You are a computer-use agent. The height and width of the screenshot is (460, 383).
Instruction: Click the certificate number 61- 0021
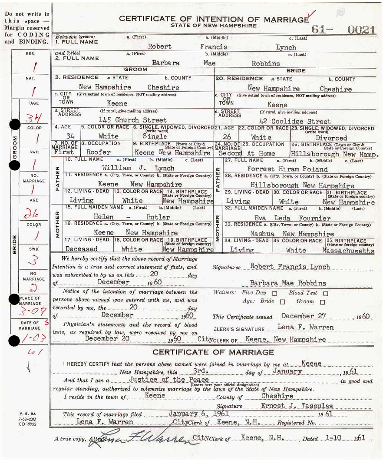pyautogui.click(x=343, y=30)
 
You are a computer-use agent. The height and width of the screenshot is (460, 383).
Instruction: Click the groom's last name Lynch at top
pyautogui.click(x=286, y=47)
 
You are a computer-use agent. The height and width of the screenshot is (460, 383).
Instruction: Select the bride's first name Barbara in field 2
pyautogui.click(x=165, y=63)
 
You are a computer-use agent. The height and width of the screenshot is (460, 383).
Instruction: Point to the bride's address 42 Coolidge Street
pyautogui.click(x=294, y=121)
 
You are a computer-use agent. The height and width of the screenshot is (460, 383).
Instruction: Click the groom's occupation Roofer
pyautogui.click(x=99, y=152)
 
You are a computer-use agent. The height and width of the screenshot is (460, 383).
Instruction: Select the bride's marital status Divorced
pyautogui.click(x=331, y=138)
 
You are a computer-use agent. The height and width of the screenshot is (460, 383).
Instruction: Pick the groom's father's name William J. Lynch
pyautogui.click(x=138, y=168)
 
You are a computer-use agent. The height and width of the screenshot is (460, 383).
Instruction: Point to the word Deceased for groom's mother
pyautogui.click(x=82, y=249)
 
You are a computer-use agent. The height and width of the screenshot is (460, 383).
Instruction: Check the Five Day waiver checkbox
pyautogui.click(x=274, y=293)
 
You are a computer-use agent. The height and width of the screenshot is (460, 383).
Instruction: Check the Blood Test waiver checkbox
pyautogui.click(x=326, y=293)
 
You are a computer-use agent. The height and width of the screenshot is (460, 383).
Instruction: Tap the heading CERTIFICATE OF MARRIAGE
pyautogui.click(x=213, y=352)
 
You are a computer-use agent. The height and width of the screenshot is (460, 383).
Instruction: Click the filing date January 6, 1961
pyautogui.click(x=198, y=414)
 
